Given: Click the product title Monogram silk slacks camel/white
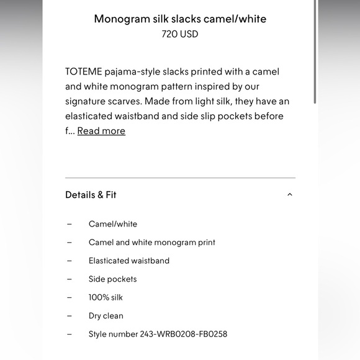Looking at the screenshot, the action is [x=180, y=19].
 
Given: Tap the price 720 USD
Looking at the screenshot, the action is [x=180, y=34].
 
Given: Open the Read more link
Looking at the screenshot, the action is [x=101, y=131].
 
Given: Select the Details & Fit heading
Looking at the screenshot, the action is [x=91, y=195].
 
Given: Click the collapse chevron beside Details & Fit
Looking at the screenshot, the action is [x=290, y=195].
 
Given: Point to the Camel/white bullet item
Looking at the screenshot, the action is [x=113, y=224].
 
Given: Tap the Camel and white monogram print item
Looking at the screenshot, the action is [x=152, y=243].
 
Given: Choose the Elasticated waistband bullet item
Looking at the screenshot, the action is [x=129, y=261].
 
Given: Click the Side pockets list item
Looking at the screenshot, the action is [x=112, y=279].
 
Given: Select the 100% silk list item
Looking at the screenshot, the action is [x=106, y=297].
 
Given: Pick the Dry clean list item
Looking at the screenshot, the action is [x=106, y=316].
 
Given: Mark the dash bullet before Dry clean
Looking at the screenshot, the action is [x=70, y=316].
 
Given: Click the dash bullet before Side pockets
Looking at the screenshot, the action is [x=70, y=279].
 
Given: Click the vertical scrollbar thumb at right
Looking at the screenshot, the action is [x=315, y=53].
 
